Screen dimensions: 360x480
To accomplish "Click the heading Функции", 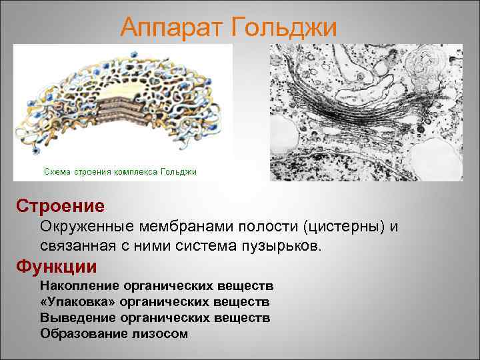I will tap(57, 267).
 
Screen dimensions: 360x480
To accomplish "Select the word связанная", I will tap(74, 246).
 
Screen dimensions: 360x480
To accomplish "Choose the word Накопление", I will tap(79, 286).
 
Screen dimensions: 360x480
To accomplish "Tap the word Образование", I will tap(81, 333).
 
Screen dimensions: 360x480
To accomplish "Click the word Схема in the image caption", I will tap(57, 172).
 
